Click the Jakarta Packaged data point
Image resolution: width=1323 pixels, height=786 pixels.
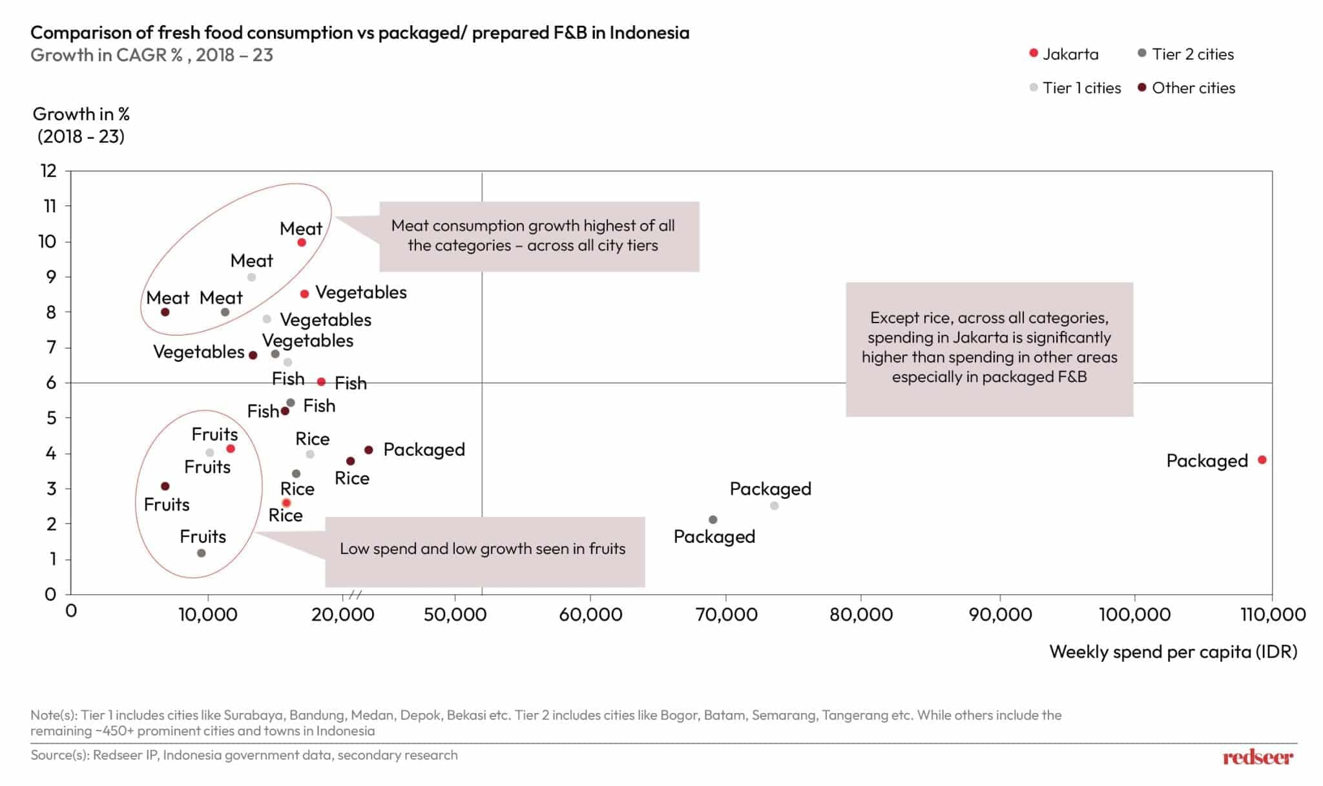point(1262,460)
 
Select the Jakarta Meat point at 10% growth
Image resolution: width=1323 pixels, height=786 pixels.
point(301,242)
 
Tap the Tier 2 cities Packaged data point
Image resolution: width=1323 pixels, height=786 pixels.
point(713,520)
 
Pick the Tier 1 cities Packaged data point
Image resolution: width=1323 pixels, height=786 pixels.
point(774,505)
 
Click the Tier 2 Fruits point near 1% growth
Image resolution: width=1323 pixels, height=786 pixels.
point(201,553)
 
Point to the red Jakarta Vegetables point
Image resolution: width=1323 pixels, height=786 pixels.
point(304,294)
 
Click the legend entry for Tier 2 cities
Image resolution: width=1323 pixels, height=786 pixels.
point(1185,54)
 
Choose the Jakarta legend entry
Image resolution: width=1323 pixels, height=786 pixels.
point(1064,54)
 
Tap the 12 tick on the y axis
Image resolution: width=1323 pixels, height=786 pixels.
point(49,171)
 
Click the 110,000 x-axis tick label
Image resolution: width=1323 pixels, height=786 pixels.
point(1272,614)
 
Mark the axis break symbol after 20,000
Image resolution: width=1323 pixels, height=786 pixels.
point(355,595)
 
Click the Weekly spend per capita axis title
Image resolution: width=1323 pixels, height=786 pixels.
point(1172,652)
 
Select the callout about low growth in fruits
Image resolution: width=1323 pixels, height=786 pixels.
point(484,549)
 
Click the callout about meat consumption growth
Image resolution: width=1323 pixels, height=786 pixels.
point(538,236)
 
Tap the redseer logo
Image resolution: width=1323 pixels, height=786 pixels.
point(1257,757)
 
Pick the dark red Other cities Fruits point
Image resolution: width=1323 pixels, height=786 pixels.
point(165,486)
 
